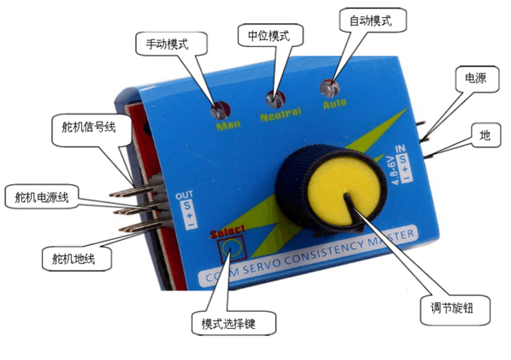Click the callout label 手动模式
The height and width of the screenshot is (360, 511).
167,44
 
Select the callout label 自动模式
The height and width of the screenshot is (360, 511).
369,20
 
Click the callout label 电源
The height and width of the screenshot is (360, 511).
475,78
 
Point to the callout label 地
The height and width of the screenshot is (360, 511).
485,135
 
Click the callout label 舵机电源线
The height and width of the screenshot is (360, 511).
42,198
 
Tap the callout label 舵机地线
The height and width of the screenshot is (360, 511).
73,258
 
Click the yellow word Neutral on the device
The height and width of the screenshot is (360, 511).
280,115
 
